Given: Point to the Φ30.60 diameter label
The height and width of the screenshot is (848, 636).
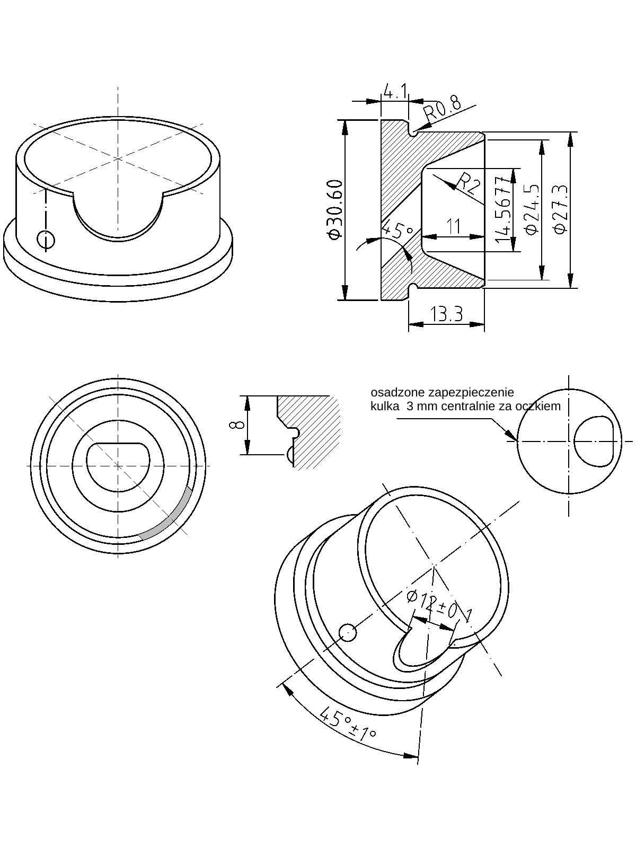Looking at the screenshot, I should tap(335, 210).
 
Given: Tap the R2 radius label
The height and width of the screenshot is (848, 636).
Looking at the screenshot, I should tap(469, 184).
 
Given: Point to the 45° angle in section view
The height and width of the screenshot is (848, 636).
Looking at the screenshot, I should tap(397, 231).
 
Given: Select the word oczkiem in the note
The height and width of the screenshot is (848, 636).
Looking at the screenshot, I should tap(541, 407).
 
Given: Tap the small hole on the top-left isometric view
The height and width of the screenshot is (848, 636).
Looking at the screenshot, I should tap(46, 240).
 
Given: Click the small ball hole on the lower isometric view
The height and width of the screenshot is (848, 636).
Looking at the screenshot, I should tap(348, 632).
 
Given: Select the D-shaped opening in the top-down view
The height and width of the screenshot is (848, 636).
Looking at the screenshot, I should tap(118, 465).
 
